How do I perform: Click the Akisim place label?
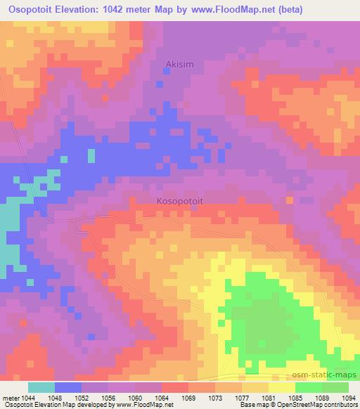(179, 65)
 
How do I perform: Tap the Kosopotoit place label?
(179, 200)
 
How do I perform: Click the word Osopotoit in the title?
(33, 9)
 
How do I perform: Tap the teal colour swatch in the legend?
(41, 387)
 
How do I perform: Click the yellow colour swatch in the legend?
(282, 387)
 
